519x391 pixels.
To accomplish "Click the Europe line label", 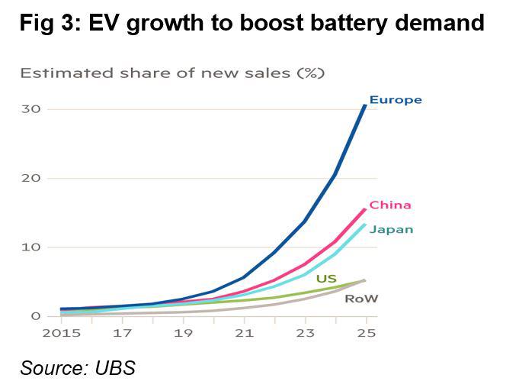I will [395, 100].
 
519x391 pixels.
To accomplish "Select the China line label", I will [390, 205].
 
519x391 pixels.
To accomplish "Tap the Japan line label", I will [391, 229].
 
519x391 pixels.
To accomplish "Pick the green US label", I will [326, 280].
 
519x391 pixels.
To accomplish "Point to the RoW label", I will [361, 299].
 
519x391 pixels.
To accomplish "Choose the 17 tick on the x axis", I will [122, 333].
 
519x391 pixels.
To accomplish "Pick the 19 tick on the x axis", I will [182, 333].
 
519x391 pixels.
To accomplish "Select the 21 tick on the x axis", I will [244, 333].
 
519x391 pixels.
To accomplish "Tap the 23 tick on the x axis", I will [305, 333].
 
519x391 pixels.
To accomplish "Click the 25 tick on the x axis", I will [366, 333].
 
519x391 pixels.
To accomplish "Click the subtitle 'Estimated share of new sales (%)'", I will [172, 73].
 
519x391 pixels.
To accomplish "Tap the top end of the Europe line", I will [365, 105].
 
